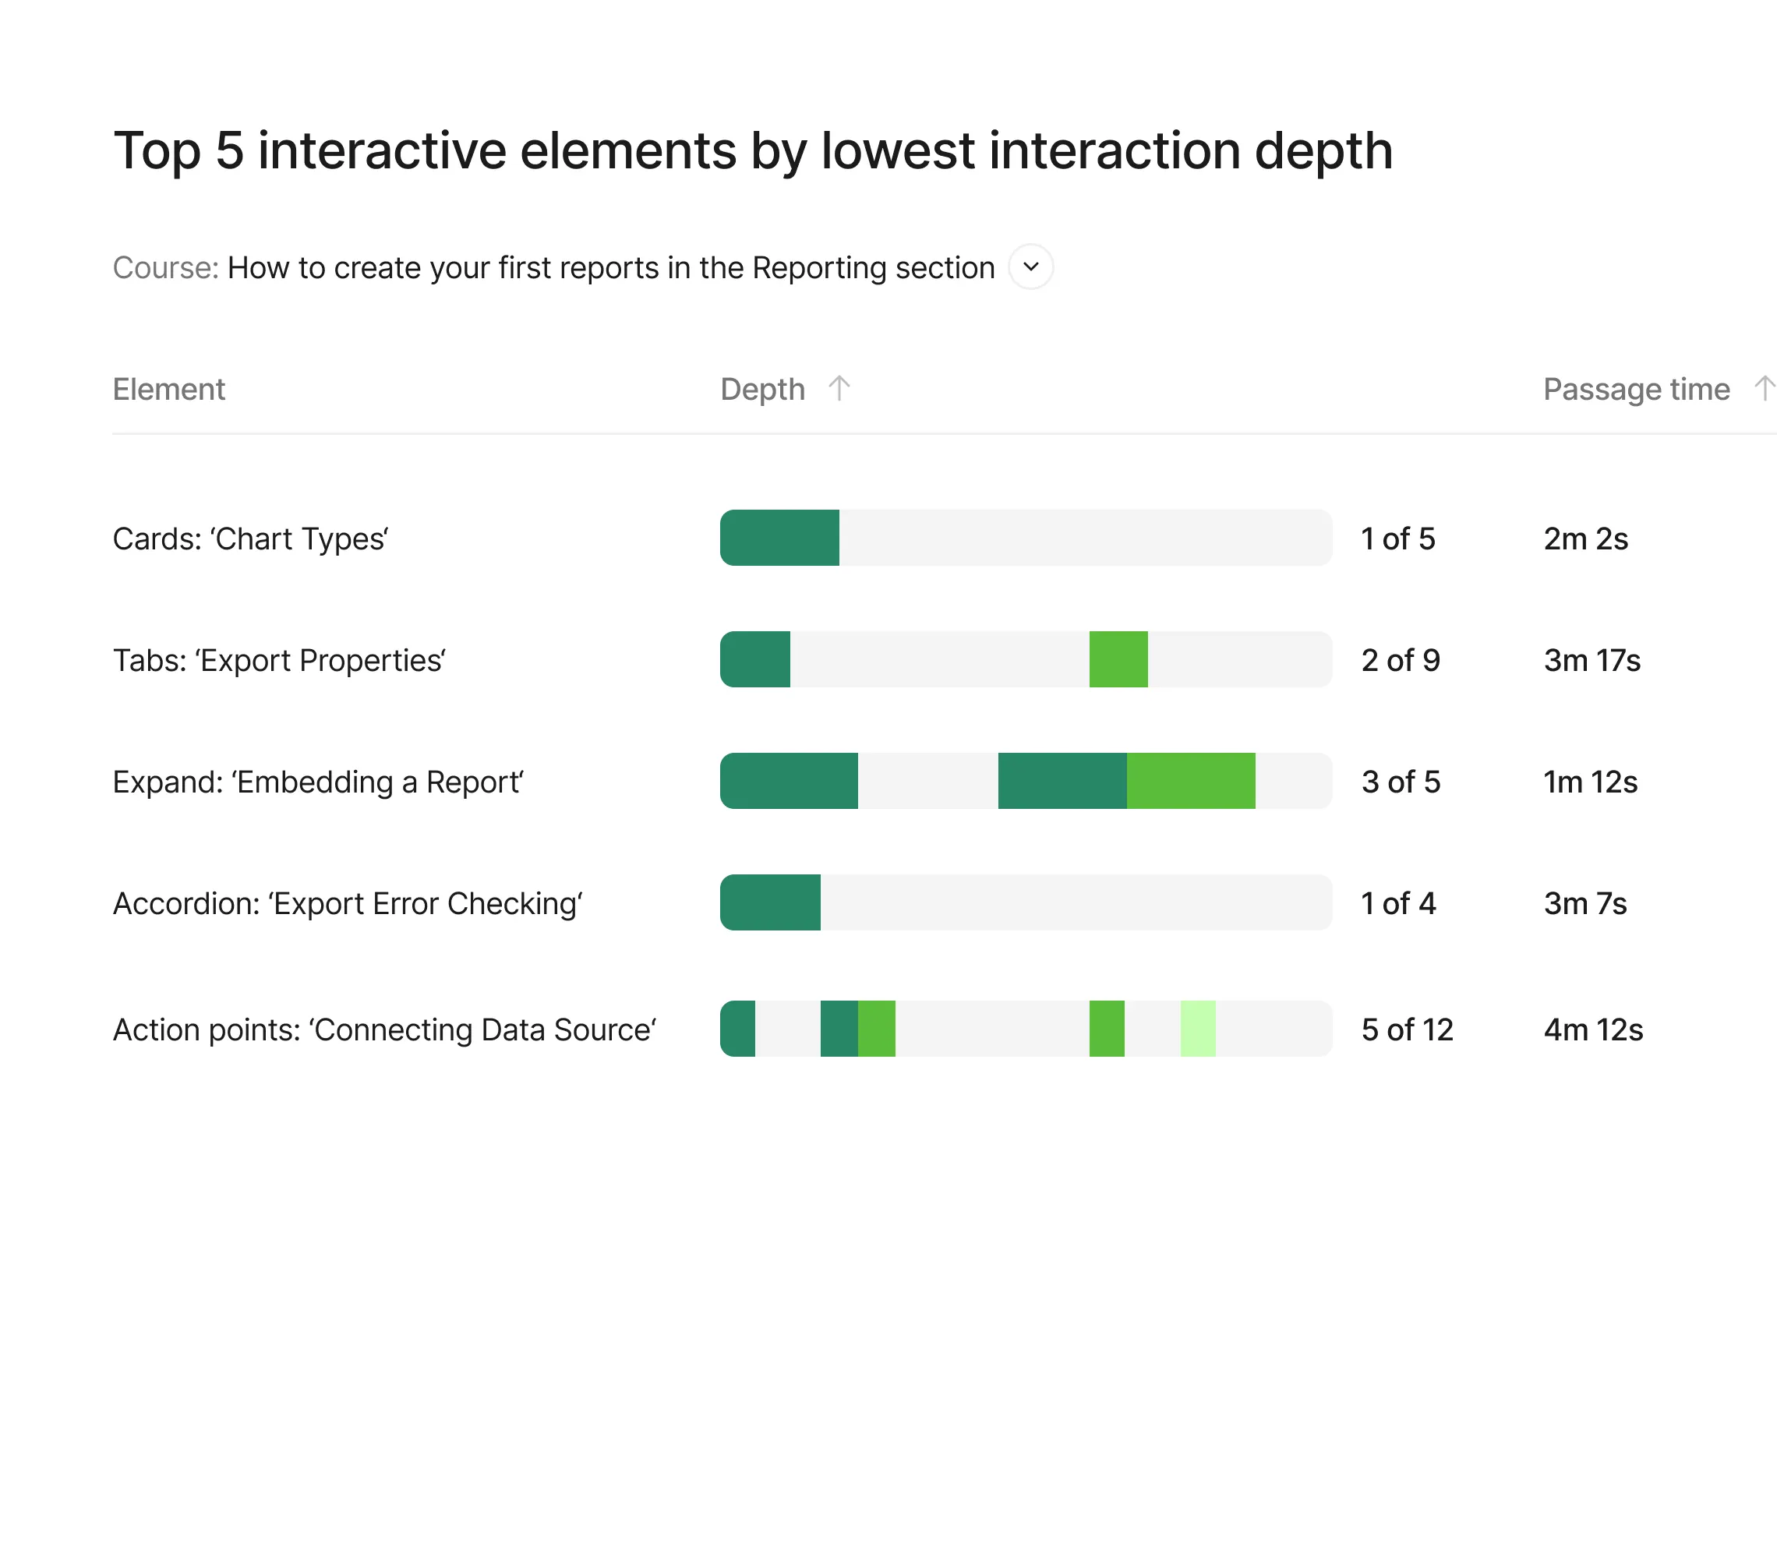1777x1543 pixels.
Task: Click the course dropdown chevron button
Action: (1030, 267)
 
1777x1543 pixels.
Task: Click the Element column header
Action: (169, 389)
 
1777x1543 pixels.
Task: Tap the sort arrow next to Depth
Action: (839, 388)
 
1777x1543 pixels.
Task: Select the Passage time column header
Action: (1636, 389)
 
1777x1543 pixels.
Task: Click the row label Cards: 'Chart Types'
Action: (250, 539)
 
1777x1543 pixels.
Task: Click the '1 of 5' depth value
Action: (1398, 539)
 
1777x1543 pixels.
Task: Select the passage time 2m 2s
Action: (1586, 539)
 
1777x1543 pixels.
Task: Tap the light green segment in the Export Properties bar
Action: (1118, 659)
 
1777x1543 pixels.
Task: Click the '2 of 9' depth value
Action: (1401, 660)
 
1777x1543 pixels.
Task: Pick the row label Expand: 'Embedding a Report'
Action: (319, 782)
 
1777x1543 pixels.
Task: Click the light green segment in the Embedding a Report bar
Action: (1191, 781)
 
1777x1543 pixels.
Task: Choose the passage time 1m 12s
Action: (1590, 782)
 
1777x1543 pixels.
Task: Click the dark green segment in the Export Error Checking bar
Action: (771, 902)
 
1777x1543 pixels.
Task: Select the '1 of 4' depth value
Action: (1398, 903)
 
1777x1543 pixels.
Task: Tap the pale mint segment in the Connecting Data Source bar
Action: (1198, 1029)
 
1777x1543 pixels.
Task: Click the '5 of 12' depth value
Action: (1407, 1029)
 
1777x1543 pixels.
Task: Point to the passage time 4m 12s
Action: (1593, 1029)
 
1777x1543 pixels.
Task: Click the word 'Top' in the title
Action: (157, 151)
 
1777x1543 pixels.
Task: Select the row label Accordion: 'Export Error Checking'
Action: (348, 904)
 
